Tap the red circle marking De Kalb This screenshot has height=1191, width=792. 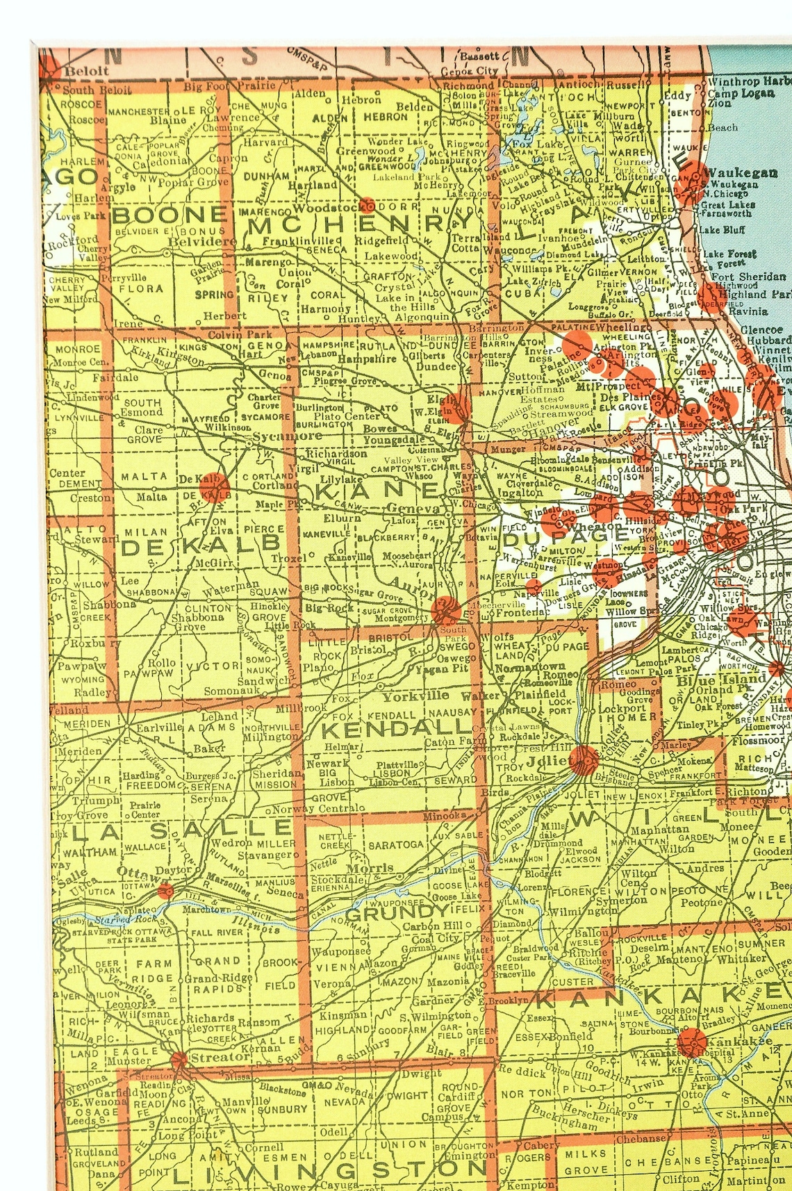pyautogui.click(x=214, y=486)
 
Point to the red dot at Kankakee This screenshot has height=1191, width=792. pyautogui.click(x=691, y=1043)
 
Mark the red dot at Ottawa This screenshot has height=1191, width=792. pyautogui.click(x=165, y=891)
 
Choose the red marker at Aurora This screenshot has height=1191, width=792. pyautogui.click(x=445, y=611)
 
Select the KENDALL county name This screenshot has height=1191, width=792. pyautogui.click(x=397, y=729)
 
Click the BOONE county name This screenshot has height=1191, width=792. pyautogui.click(x=170, y=215)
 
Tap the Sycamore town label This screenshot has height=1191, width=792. pyautogui.click(x=287, y=436)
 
